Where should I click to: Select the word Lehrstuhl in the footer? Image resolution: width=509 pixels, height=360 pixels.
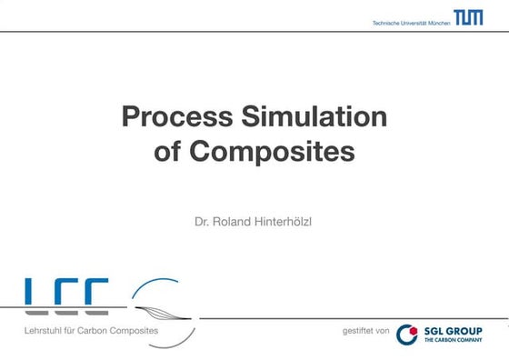tap(45, 330)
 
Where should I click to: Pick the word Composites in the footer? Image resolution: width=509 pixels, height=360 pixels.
tap(137, 330)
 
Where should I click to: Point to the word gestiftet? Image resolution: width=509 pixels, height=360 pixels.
tap(358, 331)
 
